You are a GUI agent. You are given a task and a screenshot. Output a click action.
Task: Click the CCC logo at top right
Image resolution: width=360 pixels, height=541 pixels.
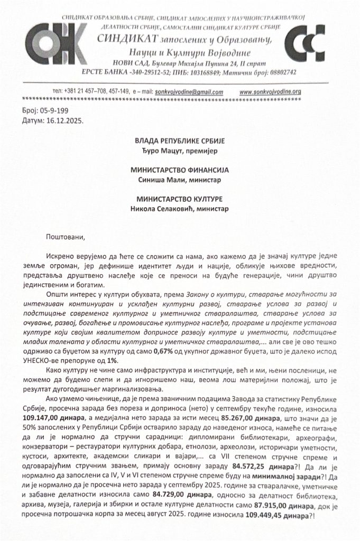(307, 43)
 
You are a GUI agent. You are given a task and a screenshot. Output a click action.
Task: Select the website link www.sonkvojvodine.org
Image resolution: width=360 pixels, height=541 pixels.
(270, 91)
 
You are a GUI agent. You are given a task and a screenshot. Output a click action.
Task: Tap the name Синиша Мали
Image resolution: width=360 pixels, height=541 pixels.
(158, 180)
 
